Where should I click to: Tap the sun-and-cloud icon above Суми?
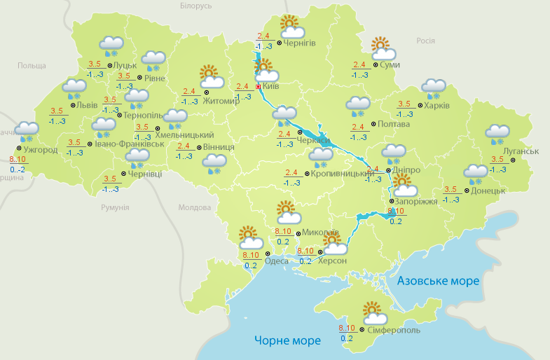click(x=382, y=48)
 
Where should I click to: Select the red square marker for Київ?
click(x=259, y=87)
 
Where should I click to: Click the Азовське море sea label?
click(x=438, y=281)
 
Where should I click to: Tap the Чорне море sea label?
click(x=288, y=340)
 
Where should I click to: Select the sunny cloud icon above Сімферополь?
click(x=372, y=312)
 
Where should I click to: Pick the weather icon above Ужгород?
click(x=28, y=130)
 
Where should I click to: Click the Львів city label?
click(x=87, y=105)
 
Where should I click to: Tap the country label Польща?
click(x=32, y=65)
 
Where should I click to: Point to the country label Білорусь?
click(x=195, y=6)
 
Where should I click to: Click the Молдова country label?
click(x=194, y=208)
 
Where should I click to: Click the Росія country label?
click(x=426, y=41)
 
